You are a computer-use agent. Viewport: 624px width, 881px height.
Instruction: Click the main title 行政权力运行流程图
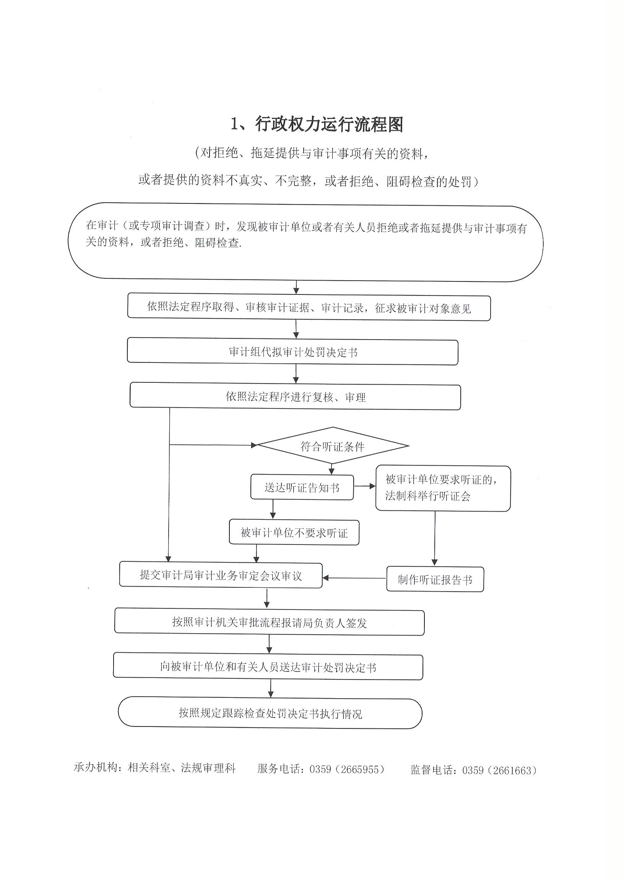click(329, 125)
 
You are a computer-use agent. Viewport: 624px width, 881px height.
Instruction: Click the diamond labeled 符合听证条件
click(333, 446)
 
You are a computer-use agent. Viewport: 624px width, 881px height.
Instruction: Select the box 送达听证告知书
click(302, 487)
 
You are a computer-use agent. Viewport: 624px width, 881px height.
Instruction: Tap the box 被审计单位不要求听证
click(294, 533)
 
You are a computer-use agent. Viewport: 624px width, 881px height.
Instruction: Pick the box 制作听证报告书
click(435, 579)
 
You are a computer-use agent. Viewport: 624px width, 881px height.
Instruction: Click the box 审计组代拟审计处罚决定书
click(292, 351)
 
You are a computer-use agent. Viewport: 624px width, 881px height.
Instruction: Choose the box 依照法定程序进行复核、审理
click(295, 396)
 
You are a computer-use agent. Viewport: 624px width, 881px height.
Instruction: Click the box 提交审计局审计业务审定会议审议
click(221, 575)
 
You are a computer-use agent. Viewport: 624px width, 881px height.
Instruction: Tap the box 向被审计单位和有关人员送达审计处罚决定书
click(268, 667)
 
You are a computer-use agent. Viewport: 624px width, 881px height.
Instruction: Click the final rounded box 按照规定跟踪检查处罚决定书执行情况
click(270, 713)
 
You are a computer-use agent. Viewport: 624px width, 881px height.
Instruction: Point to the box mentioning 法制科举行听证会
click(443, 488)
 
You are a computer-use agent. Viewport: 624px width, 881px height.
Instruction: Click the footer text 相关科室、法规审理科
click(181, 768)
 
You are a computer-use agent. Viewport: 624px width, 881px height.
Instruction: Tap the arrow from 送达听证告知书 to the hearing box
click(365, 486)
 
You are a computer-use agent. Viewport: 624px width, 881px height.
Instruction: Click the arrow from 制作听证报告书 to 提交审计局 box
click(354, 578)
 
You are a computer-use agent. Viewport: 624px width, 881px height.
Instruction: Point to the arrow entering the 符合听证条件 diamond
click(213, 445)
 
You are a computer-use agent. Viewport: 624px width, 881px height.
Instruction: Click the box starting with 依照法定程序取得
click(309, 308)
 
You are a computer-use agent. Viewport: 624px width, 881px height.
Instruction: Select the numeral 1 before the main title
click(234, 125)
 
